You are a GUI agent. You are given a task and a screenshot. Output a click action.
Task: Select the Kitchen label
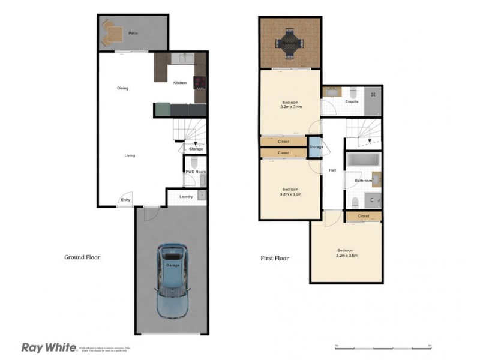point(180,83)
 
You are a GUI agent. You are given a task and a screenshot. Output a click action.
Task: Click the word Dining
point(122,88)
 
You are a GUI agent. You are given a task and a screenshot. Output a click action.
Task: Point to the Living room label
point(130,155)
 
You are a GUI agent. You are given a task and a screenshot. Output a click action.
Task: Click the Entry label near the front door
point(125,200)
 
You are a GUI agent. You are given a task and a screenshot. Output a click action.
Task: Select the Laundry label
point(185,196)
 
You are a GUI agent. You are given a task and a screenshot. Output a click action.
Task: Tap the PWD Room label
point(196,172)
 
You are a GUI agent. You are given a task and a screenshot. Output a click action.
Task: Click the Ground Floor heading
point(82,257)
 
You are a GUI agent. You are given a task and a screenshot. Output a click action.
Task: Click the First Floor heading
point(274,259)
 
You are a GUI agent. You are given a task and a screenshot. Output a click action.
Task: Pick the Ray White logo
point(48,347)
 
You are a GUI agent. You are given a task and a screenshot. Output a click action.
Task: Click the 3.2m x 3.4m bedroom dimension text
point(291,107)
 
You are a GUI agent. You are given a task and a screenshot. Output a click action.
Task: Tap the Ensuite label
point(352,101)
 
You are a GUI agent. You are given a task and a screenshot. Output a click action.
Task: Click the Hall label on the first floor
point(332,170)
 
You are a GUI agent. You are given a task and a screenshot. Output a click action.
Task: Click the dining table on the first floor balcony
point(289,43)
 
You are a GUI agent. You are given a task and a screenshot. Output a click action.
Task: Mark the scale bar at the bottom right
point(383,347)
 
